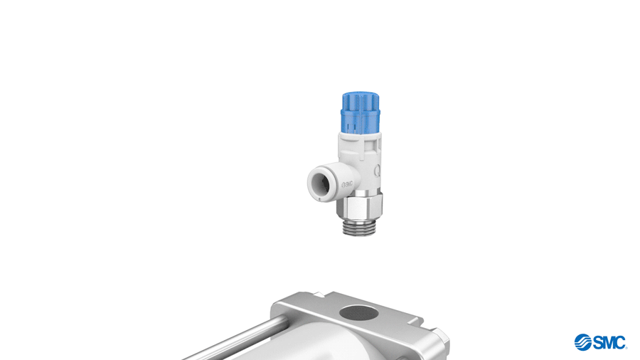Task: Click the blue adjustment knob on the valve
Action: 361,112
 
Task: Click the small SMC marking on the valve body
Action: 347,184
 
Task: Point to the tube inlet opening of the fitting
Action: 322,184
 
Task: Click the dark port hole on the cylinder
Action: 359,314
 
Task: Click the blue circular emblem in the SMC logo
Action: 583,342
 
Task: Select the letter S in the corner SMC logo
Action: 598,342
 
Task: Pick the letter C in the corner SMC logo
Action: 620,342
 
